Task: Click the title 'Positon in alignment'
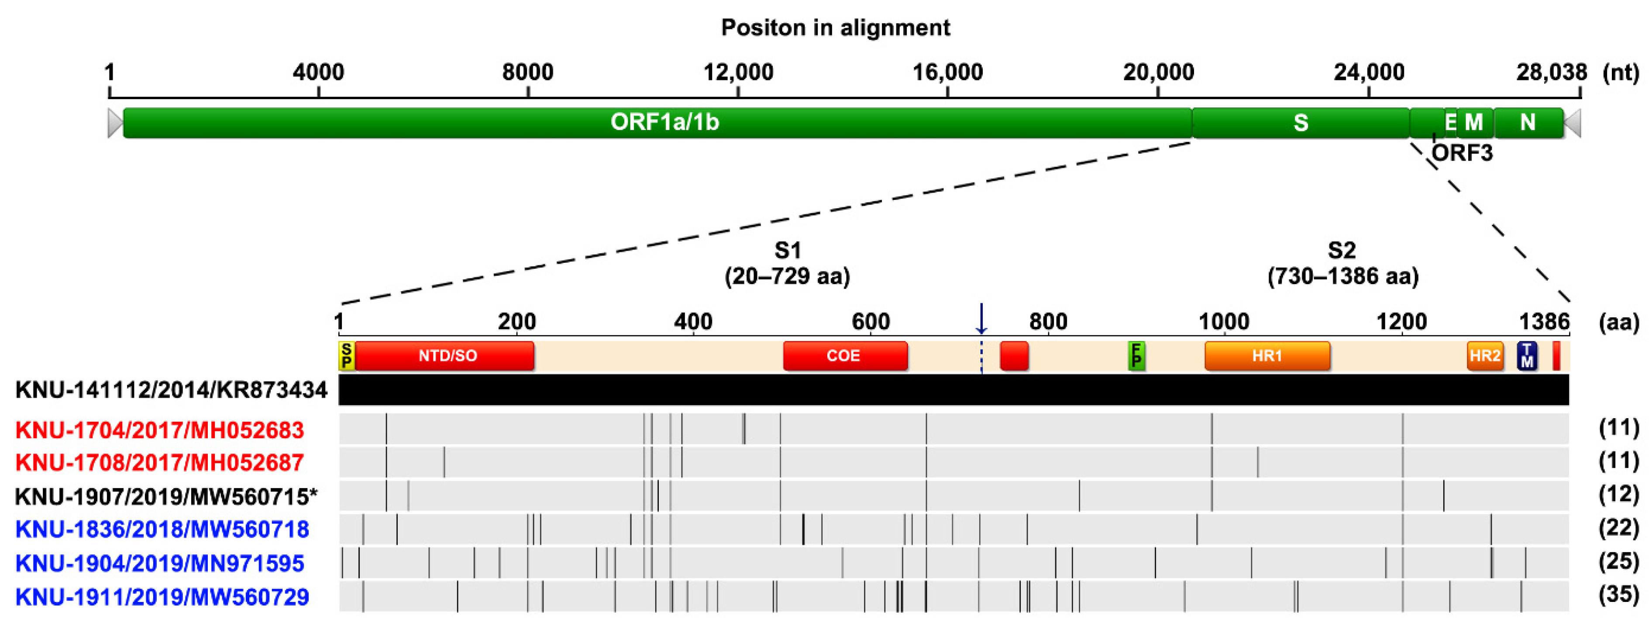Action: coord(835,27)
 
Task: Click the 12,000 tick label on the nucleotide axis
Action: coord(738,72)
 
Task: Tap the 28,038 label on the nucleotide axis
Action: coord(1551,72)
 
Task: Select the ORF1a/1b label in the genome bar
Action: coord(664,122)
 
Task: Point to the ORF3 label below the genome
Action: coord(1462,153)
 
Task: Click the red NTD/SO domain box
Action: coord(447,356)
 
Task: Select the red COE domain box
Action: coord(845,356)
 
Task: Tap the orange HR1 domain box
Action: coord(1267,356)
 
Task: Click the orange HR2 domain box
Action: coord(1485,356)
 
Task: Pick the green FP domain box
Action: coord(1136,356)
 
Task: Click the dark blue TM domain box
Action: coord(1527,356)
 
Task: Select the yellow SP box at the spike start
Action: coord(346,356)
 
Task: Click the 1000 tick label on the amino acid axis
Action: coord(1224,321)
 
